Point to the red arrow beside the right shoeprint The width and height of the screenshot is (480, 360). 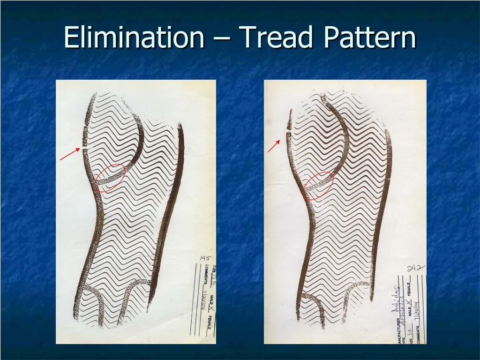274,146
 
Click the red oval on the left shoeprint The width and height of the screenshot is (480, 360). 110,178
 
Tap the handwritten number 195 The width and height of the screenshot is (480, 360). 205,258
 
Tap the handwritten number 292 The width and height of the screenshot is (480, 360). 416,269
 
